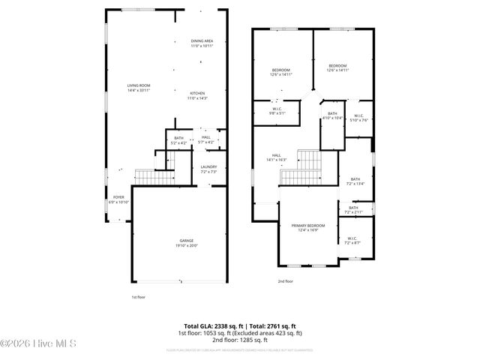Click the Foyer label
[119, 199]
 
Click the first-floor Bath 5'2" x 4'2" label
[178, 139]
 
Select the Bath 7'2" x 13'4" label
[355, 181]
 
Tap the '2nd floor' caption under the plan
[285, 281]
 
